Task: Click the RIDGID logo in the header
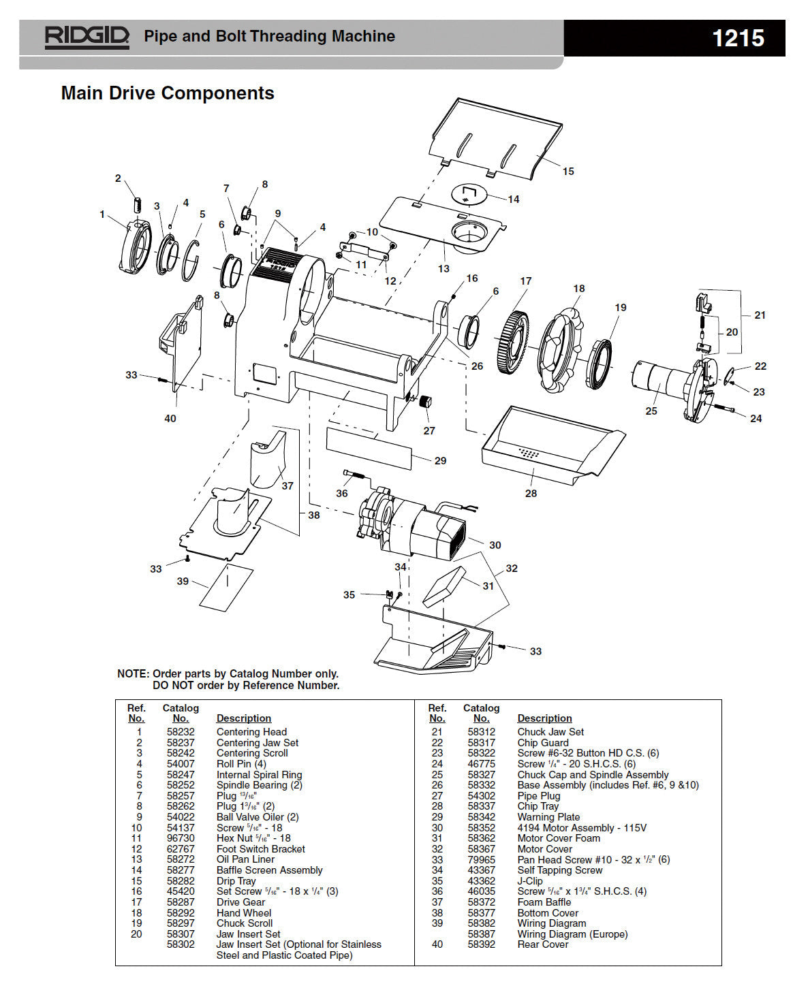(x=87, y=37)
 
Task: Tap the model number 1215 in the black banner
(x=738, y=37)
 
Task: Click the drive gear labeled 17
(x=517, y=341)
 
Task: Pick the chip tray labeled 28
(x=545, y=446)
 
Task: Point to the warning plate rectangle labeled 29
(x=369, y=448)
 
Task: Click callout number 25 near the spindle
(x=651, y=411)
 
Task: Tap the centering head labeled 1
(x=136, y=248)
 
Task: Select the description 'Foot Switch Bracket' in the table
(x=260, y=849)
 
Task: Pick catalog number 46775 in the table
(x=481, y=764)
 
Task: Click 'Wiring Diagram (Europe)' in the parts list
(x=572, y=934)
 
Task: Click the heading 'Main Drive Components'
(x=168, y=93)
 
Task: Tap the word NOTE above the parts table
(x=132, y=673)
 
